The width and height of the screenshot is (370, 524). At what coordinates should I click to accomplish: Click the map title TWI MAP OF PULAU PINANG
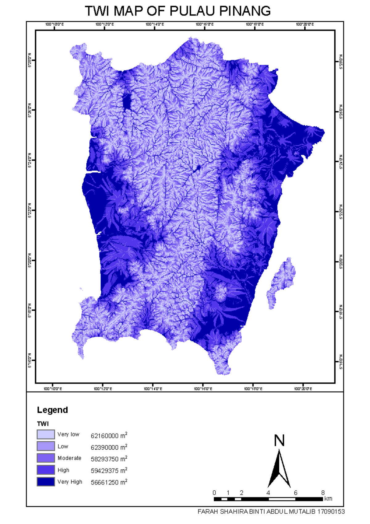tap(178, 11)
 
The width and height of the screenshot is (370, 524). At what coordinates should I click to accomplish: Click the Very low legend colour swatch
tap(46, 434)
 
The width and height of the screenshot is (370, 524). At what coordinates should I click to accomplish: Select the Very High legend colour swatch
tap(46, 482)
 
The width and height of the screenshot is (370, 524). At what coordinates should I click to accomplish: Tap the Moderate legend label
tap(69, 458)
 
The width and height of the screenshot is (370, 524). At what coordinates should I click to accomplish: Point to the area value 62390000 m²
tap(109, 447)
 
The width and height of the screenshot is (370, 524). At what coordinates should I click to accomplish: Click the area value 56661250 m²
tap(109, 482)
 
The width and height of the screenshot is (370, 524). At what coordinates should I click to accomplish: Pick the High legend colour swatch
tap(46, 470)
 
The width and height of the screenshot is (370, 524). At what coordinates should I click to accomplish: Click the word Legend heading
tap(52, 410)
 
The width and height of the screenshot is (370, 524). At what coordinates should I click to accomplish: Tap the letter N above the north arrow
tap(279, 440)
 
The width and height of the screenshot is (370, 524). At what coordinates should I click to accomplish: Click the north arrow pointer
tap(279, 469)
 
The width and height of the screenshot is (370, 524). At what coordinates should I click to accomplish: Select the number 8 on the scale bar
tap(323, 493)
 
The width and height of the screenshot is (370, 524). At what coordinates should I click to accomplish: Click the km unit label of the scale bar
tap(328, 499)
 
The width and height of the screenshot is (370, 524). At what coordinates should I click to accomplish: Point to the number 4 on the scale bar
tap(268, 493)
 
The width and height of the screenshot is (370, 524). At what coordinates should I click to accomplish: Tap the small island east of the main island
tap(282, 281)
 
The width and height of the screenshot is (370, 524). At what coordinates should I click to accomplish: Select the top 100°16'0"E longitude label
tap(205, 24)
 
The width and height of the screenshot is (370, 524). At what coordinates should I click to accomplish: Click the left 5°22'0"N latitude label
tap(30, 210)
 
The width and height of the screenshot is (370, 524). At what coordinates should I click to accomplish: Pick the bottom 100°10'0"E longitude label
tap(53, 389)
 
